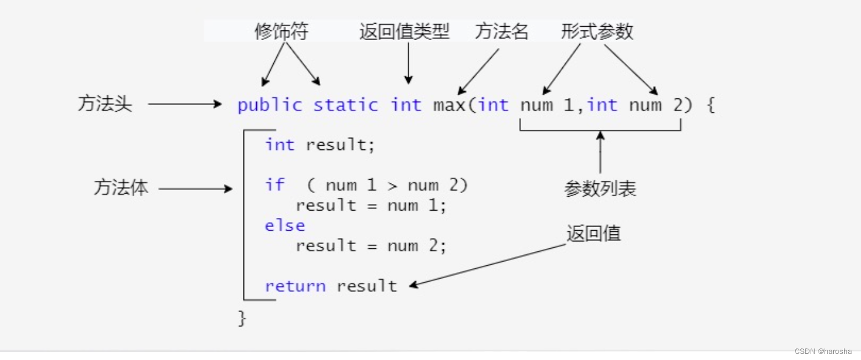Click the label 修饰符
(281, 32)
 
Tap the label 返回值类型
(404, 32)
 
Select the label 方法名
(502, 32)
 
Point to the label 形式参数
(597, 32)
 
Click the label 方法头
(104, 104)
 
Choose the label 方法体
(121, 188)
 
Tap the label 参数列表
(600, 189)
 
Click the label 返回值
(593, 234)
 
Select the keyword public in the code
(270, 105)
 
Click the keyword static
(345, 105)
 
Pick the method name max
(448, 105)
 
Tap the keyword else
(285, 225)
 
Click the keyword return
(295, 286)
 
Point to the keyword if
(274, 185)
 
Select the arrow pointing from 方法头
(185, 104)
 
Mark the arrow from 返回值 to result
(488, 265)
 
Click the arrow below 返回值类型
(408, 64)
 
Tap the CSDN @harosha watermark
(823, 351)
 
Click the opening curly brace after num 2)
(711, 105)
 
